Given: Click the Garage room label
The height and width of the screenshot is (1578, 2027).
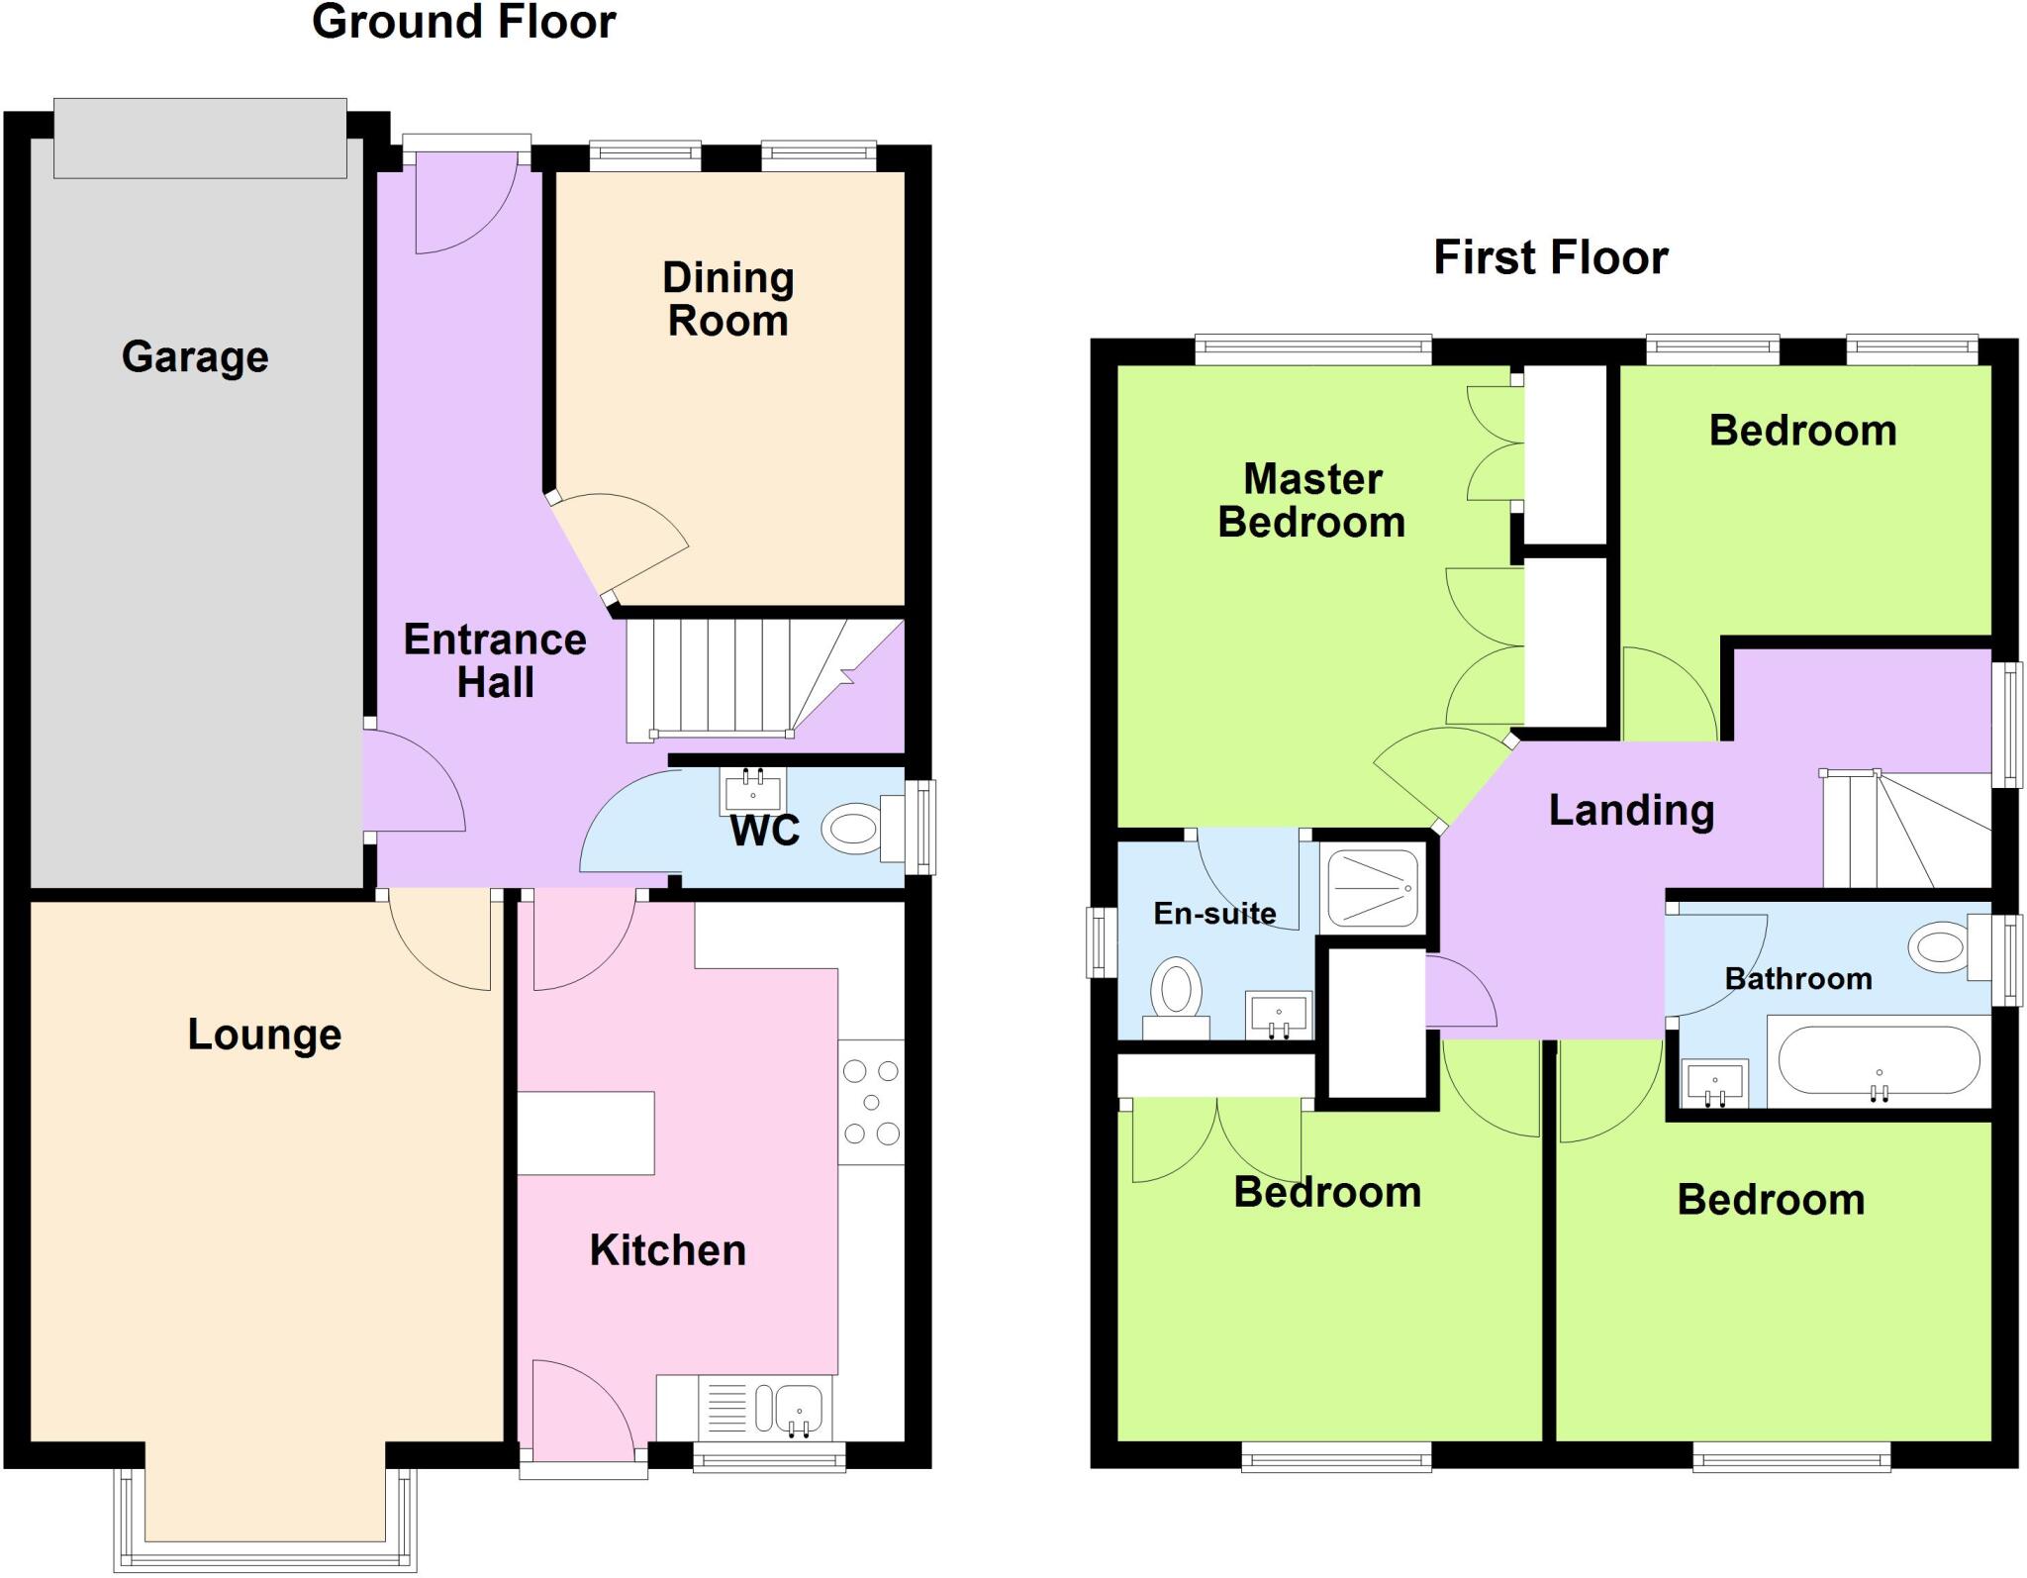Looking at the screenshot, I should click(195, 356).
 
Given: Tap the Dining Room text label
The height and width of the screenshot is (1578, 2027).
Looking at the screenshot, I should click(727, 299).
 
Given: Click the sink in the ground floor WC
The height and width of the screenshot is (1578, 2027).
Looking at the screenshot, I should click(753, 790).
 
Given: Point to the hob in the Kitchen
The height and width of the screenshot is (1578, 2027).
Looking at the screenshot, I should click(871, 1101).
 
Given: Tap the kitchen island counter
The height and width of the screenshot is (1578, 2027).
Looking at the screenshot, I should click(586, 1133).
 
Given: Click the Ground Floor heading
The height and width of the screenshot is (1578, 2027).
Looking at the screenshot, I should click(463, 22).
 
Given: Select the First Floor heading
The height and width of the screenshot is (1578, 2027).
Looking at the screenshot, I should click(1550, 257).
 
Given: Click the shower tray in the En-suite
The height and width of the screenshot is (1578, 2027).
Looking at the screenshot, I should click(1373, 887).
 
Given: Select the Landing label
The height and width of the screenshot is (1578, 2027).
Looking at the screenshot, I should click(1630, 810).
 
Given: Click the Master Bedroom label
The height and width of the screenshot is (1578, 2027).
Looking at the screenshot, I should click(1311, 501).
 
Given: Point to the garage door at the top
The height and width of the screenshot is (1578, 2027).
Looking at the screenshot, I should click(200, 138).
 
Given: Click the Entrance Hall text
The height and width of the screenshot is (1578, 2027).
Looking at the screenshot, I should click(495, 660).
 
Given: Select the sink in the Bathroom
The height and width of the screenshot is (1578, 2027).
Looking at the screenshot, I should click(1714, 1083).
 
